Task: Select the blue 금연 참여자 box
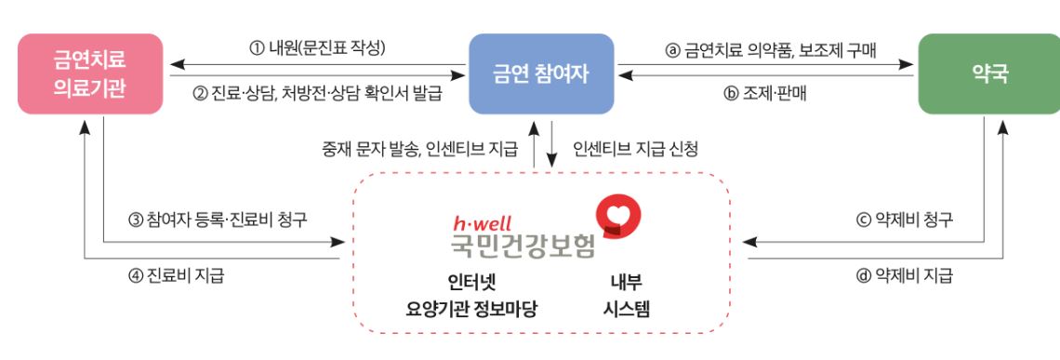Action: (x=541, y=73)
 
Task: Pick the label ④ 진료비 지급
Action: (x=176, y=275)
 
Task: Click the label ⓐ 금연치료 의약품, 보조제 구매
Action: (x=765, y=47)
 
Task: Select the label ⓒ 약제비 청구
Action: (x=904, y=220)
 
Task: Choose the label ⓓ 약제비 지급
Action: (x=904, y=275)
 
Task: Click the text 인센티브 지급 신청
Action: (x=635, y=147)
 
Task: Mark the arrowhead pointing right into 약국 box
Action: (x=907, y=65)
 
